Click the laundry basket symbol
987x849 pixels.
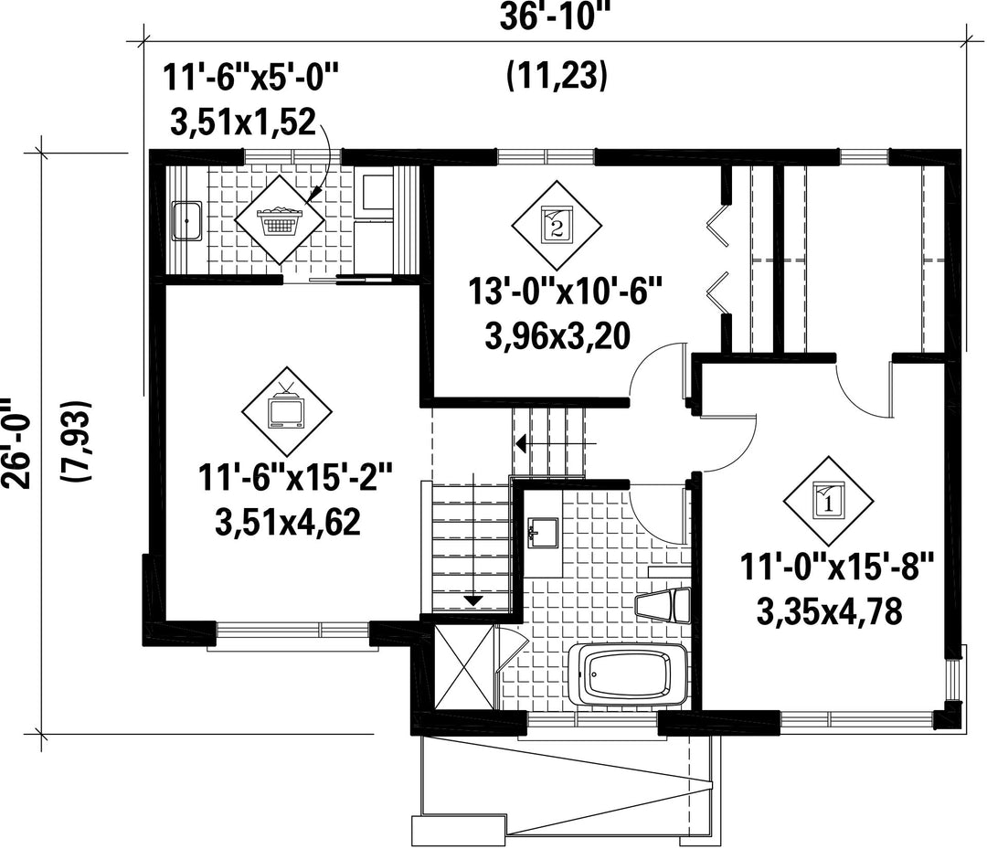pos(280,219)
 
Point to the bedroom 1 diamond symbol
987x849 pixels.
pos(828,501)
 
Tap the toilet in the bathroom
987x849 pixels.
pos(663,605)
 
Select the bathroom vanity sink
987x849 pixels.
pos(543,533)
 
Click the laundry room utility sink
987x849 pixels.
pos(186,220)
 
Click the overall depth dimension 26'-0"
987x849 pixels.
pos(14,443)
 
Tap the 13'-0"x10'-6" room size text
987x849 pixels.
pos(566,292)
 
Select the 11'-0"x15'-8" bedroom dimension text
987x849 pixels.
pos(837,568)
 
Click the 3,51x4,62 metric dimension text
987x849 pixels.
pos(288,523)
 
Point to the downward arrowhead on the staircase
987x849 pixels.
pos(472,600)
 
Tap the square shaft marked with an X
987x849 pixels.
pos(464,668)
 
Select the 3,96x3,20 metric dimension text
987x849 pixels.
pos(557,336)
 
